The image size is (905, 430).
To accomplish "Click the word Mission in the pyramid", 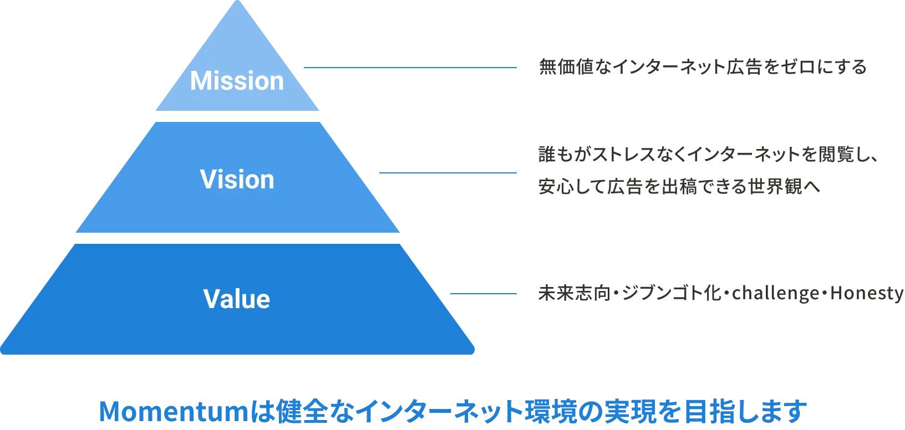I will (x=237, y=81).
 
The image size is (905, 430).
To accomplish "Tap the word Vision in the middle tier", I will (x=237, y=180).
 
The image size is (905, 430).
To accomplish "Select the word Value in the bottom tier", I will (x=237, y=299).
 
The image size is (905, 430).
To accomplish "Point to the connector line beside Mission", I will (x=410, y=68).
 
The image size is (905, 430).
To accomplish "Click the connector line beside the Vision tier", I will (x=448, y=173).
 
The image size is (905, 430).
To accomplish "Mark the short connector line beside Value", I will (x=484, y=294).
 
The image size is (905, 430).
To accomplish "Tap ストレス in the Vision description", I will (x=610, y=156).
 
